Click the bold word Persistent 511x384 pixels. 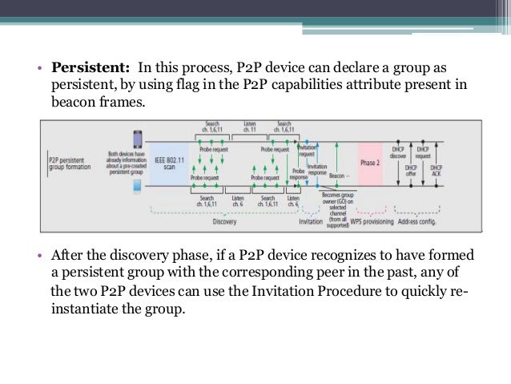click(90, 65)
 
